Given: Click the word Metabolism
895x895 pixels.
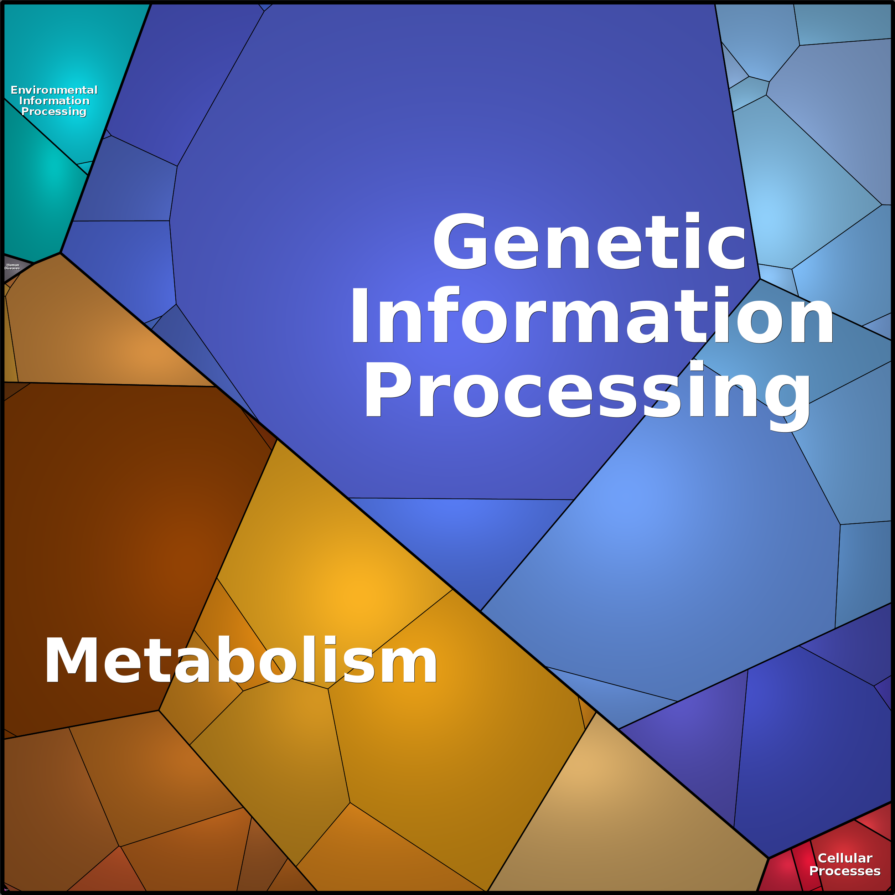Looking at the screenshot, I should coord(241,661).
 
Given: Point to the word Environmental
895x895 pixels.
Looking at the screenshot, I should coord(54,90).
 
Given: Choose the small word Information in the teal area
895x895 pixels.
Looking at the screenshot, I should coord(54,100).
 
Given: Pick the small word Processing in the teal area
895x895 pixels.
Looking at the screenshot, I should coord(54,112).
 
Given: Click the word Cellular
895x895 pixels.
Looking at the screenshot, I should coord(845,858).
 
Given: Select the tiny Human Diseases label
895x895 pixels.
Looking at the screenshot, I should coord(12,267).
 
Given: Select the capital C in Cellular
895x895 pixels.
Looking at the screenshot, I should coord(823,858).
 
